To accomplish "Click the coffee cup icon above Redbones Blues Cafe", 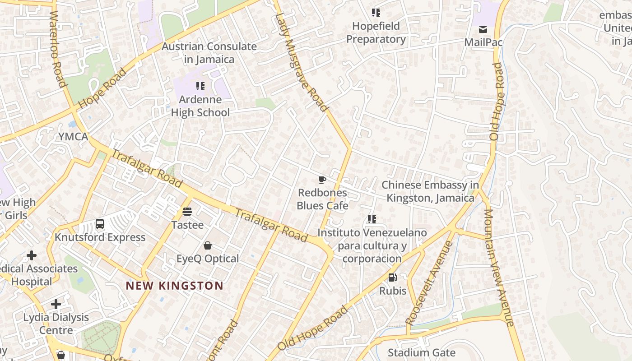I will (x=322, y=180).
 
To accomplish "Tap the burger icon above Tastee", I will (x=187, y=211).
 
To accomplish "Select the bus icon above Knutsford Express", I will (x=100, y=223).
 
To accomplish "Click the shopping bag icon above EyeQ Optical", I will (x=208, y=245).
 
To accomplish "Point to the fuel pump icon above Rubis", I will (x=393, y=278).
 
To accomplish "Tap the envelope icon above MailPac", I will (x=483, y=29).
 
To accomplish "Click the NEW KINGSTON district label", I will (x=174, y=286).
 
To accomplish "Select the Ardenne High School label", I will (x=200, y=106).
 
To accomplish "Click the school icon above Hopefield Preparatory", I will (x=376, y=13).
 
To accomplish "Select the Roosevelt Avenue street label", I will (x=429, y=282).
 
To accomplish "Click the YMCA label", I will (x=73, y=137).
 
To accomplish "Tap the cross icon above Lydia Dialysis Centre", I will (x=56, y=304).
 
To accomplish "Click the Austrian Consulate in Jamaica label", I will (x=209, y=53).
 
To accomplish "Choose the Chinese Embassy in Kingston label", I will (x=430, y=191).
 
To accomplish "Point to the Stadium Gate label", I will (x=422, y=352).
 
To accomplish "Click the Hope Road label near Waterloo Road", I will (x=102, y=88).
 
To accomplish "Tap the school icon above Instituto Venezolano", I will (x=372, y=219).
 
